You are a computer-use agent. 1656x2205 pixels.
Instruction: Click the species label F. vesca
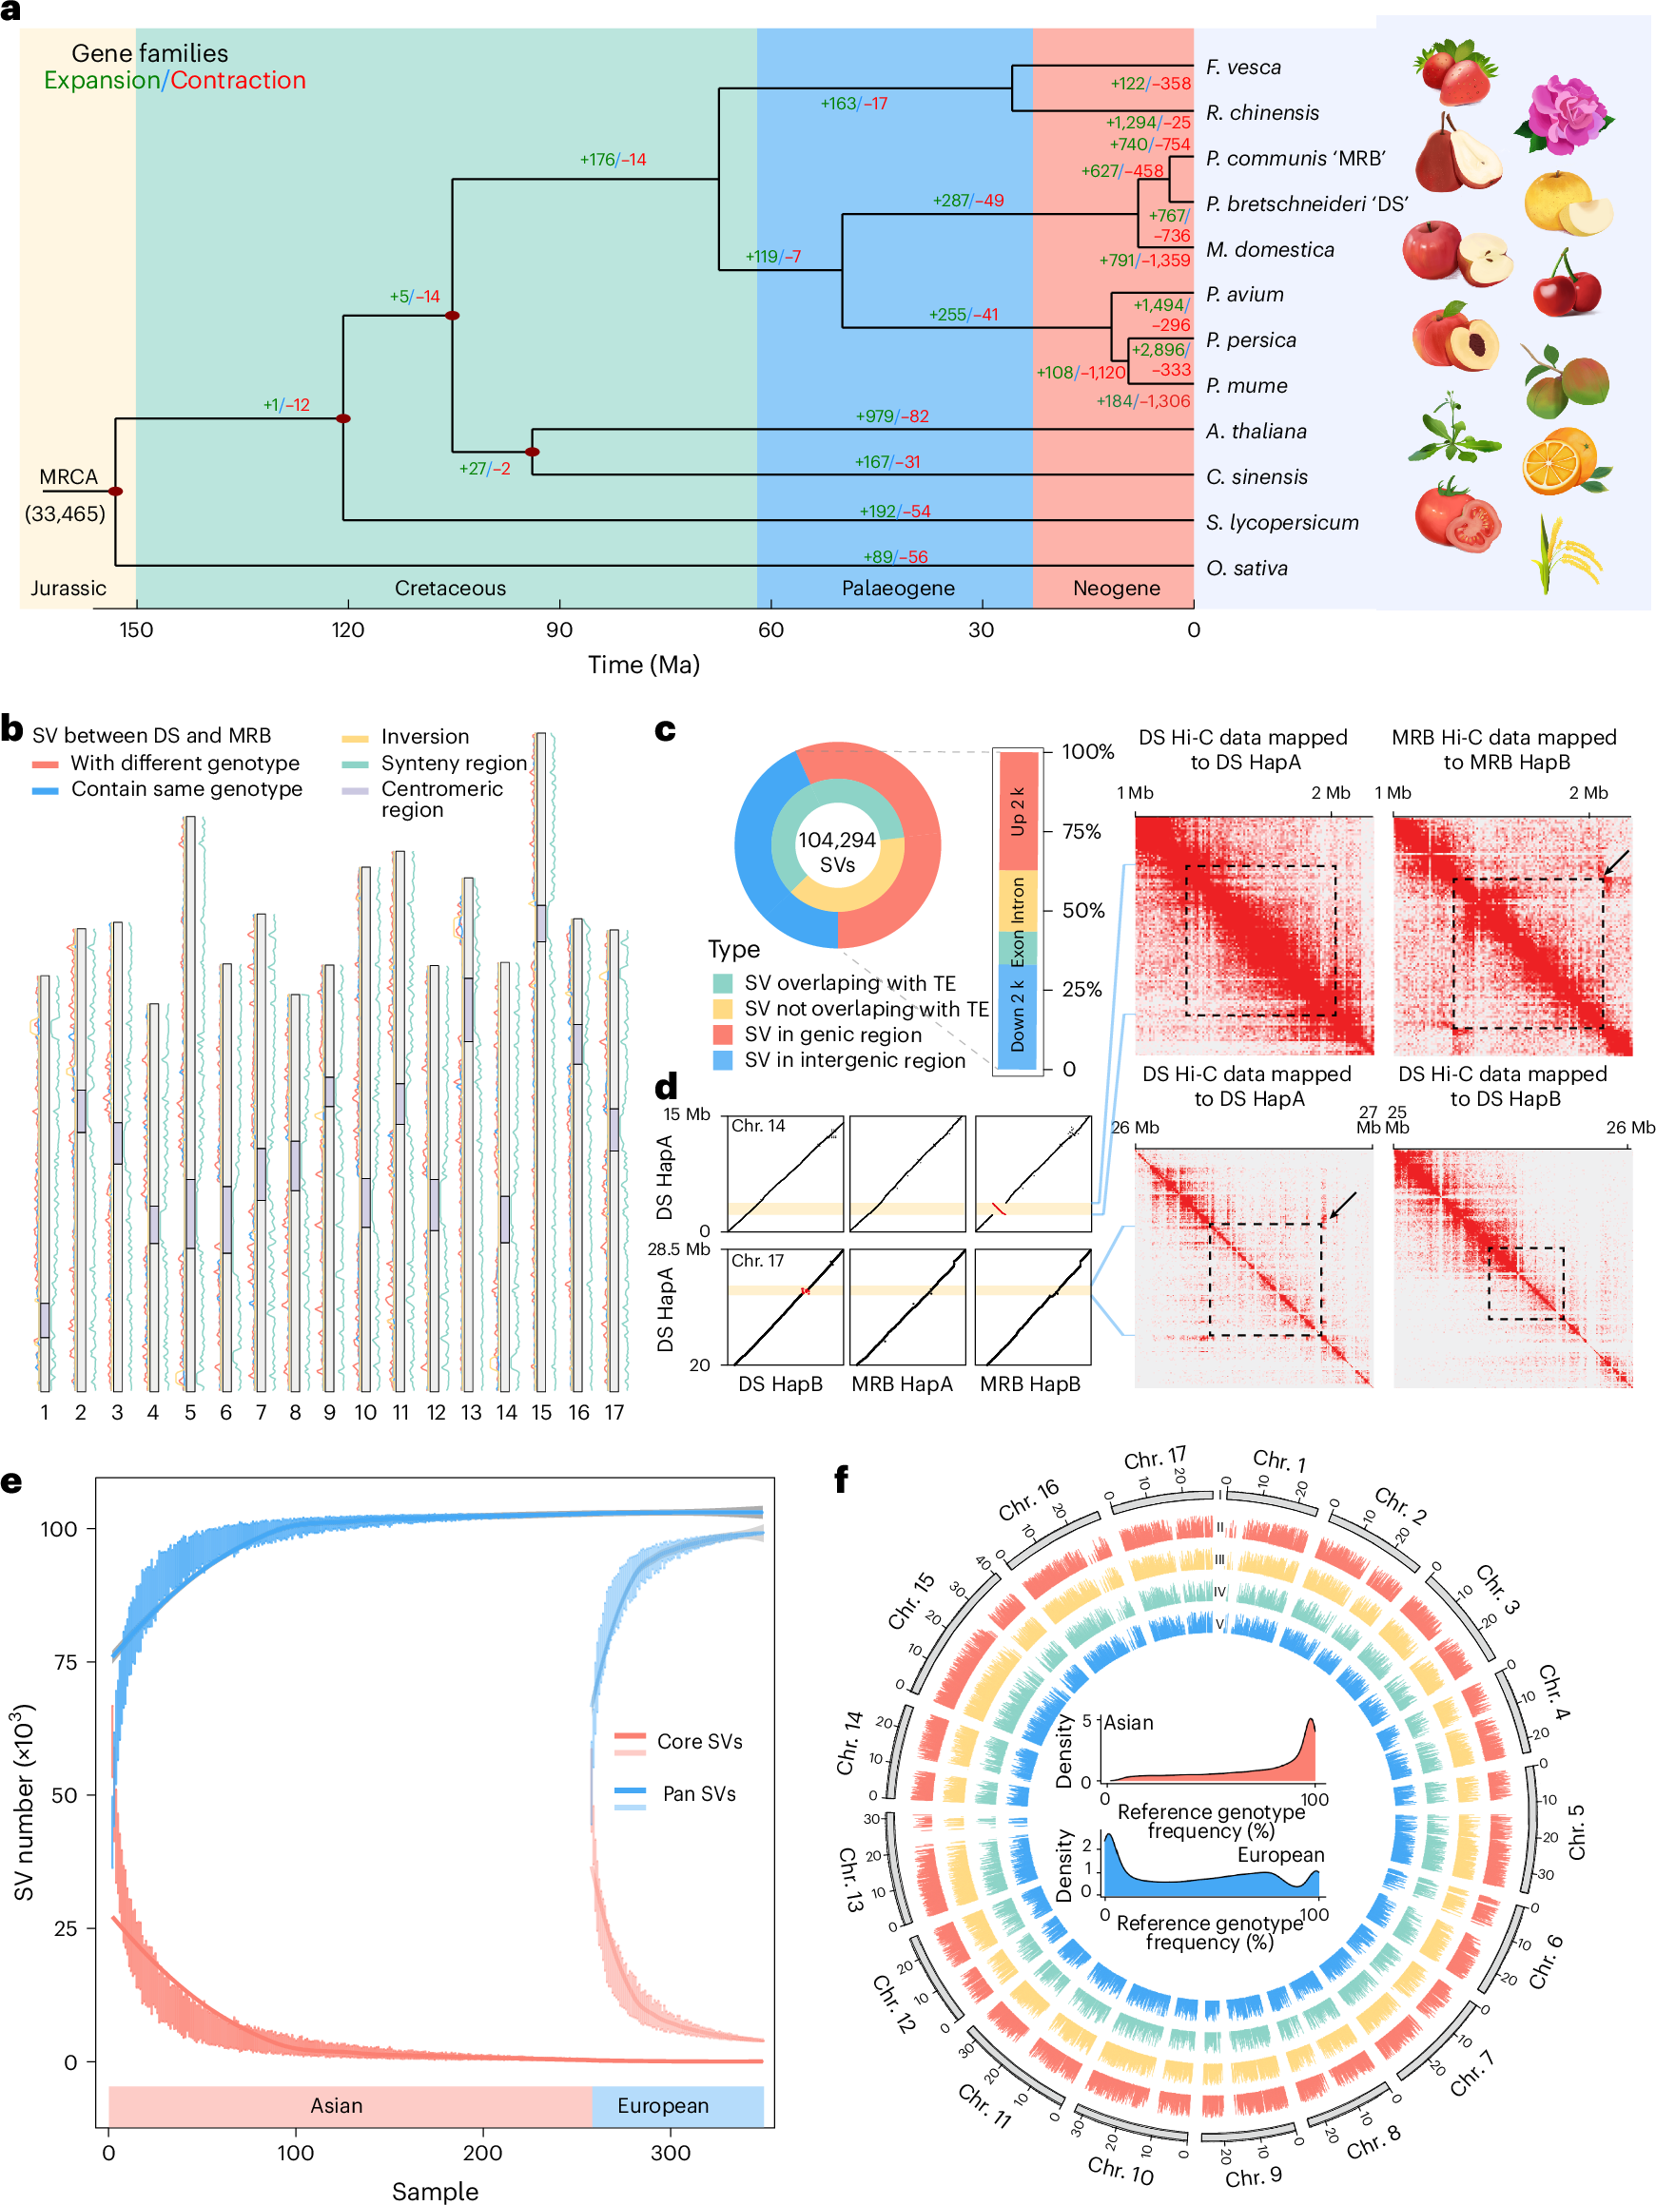1242,68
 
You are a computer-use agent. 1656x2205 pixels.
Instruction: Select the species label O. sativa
1246,569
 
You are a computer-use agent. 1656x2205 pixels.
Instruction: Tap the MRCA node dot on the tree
116,492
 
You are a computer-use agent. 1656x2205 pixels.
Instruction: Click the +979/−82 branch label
891,416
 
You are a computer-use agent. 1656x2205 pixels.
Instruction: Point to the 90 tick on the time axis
558,629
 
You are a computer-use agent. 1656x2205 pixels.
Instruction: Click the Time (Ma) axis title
643,665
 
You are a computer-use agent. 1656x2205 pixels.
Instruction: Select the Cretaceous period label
450,589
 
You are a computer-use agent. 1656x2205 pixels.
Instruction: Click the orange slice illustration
1562,461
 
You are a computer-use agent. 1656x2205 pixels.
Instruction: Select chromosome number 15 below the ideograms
540,1413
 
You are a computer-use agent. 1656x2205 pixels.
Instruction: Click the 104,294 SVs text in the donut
836,852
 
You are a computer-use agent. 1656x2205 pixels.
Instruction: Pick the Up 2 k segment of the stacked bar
1016,811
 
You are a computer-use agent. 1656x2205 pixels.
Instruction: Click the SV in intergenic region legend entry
854,1060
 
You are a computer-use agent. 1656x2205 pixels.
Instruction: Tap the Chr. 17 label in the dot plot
758,1261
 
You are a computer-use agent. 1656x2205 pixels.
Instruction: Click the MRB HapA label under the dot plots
902,1383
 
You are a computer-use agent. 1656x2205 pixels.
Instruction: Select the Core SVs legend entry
699,1742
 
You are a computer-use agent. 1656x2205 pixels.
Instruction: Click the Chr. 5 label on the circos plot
1575,1831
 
